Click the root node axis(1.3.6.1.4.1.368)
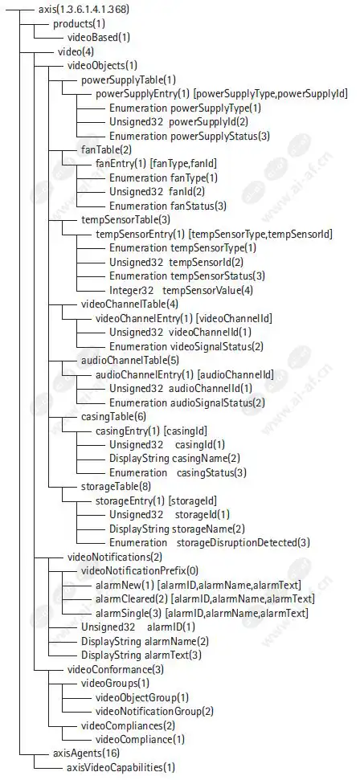(x=84, y=9)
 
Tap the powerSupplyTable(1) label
(x=129, y=79)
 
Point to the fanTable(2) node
(x=106, y=149)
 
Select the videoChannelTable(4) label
(x=129, y=304)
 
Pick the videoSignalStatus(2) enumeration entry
(x=186, y=345)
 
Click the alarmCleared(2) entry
(x=205, y=598)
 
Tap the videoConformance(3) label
(x=116, y=669)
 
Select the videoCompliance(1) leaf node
(x=139, y=739)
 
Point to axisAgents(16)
(x=86, y=753)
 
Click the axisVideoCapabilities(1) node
(x=121, y=767)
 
